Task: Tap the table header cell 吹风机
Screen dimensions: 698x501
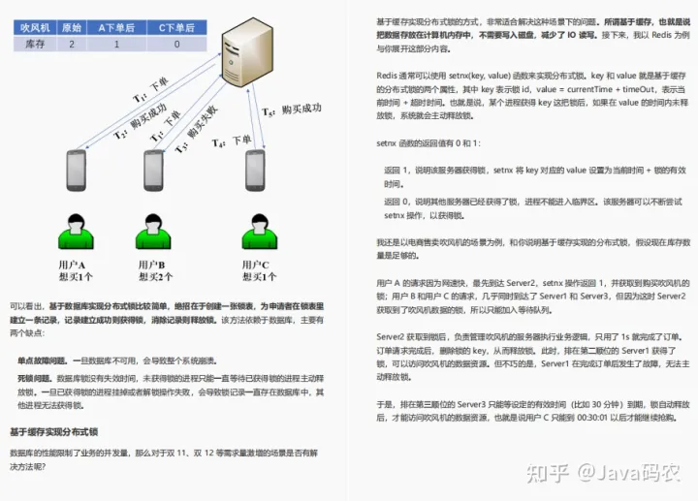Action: click(37, 28)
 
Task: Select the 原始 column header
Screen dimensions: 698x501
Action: click(72, 28)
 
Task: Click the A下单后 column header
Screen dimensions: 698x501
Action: click(117, 28)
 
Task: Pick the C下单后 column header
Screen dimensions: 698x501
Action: click(175, 28)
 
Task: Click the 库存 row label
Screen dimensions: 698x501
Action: click(37, 44)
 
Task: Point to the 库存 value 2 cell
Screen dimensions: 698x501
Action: click(72, 44)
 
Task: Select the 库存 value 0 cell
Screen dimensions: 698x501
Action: click(175, 44)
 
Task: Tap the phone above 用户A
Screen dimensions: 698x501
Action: click(77, 171)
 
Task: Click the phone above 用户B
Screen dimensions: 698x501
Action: click(156, 171)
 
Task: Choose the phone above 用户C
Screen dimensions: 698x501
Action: click(255, 171)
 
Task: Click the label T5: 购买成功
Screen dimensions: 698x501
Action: click(291, 110)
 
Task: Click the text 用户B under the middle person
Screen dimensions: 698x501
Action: click(150, 265)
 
